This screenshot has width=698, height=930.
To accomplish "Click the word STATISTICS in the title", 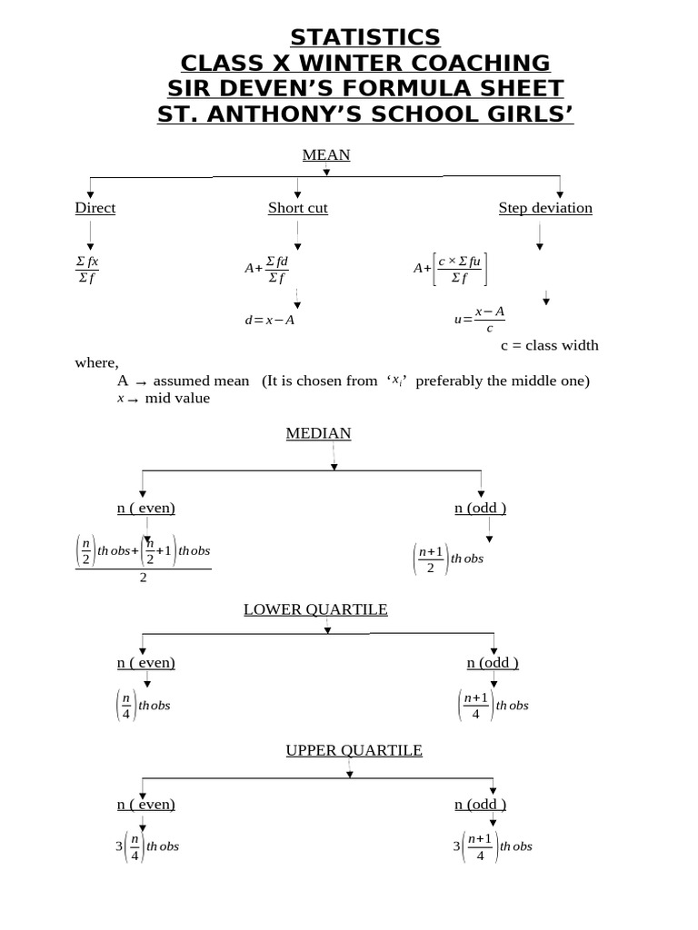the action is (x=365, y=37).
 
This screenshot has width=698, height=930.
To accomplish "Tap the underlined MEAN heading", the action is (x=326, y=155).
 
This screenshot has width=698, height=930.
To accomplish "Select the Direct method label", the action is (x=95, y=208).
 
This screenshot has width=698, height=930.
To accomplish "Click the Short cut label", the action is (x=298, y=208).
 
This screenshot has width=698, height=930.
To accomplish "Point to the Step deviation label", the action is (x=545, y=208).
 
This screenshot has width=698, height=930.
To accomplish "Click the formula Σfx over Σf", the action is (x=87, y=269).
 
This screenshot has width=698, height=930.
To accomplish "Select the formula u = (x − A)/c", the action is (x=480, y=319).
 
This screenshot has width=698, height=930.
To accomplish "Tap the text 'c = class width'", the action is (x=550, y=346).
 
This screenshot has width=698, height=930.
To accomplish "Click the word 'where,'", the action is (x=96, y=362).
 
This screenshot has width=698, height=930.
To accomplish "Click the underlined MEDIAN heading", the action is (x=318, y=434).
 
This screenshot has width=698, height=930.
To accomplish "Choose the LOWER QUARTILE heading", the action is (x=315, y=609).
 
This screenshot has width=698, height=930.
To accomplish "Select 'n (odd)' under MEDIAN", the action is (x=481, y=508).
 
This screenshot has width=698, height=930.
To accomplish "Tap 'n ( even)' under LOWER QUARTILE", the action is (x=145, y=662).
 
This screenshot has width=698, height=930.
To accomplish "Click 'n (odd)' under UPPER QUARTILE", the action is (x=481, y=804).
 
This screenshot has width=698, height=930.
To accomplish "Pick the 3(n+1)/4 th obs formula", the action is (x=493, y=846).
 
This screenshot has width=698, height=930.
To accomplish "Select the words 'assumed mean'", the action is (x=201, y=381).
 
